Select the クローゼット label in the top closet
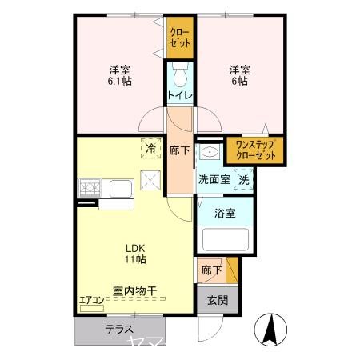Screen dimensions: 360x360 pyautogui.click(x=180, y=38)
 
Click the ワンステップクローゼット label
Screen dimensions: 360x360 pyautogui.click(x=254, y=150)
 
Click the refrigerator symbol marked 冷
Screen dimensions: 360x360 pyautogui.click(x=150, y=148)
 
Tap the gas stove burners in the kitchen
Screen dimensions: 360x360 pyautogui.click(x=90, y=189)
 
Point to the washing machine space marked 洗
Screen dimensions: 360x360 pyautogui.click(x=243, y=180)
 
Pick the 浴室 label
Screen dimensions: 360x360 pyautogui.click(x=226, y=213)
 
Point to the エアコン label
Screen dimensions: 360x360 pyautogui.click(x=91, y=302)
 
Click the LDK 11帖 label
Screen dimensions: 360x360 pyautogui.click(x=134, y=252)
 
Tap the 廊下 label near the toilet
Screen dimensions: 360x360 pyautogui.click(x=179, y=149)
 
